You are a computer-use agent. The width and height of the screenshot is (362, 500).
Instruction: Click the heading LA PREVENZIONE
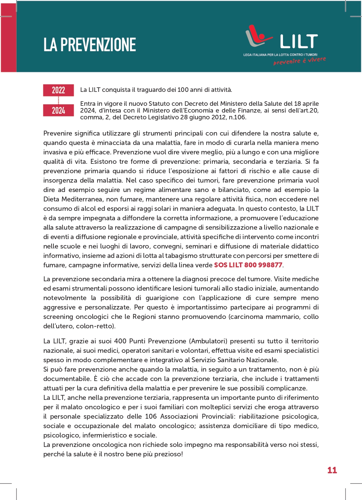[x=90, y=45]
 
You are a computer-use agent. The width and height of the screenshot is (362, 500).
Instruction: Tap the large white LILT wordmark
[x=299, y=42]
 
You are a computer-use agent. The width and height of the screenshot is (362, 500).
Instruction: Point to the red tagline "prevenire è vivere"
[x=300, y=61]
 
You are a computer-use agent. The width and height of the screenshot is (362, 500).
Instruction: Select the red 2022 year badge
[x=58, y=90]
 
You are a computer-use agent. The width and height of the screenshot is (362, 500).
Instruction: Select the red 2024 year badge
[x=58, y=110]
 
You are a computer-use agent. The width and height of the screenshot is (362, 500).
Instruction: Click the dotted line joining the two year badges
[x=58, y=100]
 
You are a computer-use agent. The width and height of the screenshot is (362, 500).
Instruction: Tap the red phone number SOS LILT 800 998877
[x=248, y=265]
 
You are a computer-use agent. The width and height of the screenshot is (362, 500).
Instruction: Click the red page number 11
[x=332, y=470]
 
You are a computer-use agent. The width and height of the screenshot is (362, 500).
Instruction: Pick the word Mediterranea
[x=82, y=199]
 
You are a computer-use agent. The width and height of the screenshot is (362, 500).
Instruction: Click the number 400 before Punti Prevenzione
[x=120, y=341]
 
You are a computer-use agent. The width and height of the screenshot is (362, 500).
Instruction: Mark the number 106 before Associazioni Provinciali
[x=151, y=416]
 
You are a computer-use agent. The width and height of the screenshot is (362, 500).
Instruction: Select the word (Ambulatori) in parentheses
[x=208, y=341]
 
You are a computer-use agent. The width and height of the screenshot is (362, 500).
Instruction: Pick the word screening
[x=58, y=317]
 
